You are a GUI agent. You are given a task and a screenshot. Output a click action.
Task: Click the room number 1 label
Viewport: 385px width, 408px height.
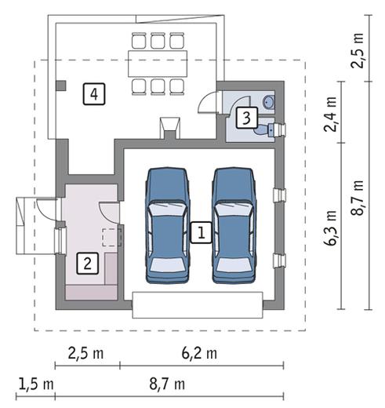click(x=201, y=232)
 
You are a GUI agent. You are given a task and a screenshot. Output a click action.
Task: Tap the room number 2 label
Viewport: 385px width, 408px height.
click(x=88, y=263)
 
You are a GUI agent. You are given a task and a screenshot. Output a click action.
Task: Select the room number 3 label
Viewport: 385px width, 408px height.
click(x=247, y=118)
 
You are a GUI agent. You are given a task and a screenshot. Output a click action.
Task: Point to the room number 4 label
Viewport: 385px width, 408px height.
click(x=94, y=94)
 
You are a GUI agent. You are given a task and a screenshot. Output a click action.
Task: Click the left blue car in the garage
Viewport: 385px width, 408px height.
click(x=168, y=225)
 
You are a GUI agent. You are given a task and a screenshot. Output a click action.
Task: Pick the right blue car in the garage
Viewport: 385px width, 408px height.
click(x=234, y=225)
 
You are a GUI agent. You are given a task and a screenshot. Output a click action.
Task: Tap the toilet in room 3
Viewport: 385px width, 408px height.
click(x=264, y=129)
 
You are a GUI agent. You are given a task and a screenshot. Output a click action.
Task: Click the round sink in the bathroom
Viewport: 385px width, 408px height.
click(x=269, y=102)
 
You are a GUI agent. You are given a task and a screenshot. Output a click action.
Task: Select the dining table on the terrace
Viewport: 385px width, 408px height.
click(x=158, y=64)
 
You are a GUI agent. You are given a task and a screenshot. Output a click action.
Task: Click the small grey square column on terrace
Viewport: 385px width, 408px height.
click(x=61, y=86)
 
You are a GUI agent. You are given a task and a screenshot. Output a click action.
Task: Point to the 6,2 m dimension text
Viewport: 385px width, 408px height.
click(x=199, y=354)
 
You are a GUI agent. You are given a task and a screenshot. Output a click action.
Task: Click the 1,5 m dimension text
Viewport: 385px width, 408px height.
click(x=36, y=384)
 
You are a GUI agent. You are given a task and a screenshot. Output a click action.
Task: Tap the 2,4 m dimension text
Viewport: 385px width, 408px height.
click(x=330, y=114)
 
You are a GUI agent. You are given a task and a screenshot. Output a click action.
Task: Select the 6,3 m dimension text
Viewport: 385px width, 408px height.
click(x=330, y=228)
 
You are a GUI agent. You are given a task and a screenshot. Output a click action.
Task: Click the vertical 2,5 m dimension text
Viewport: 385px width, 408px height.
click(x=358, y=50)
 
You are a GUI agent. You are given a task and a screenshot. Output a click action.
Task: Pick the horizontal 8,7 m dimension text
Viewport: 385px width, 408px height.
click(x=167, y=384)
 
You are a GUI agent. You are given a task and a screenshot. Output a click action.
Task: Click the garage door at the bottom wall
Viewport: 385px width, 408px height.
click(x=198, y=305)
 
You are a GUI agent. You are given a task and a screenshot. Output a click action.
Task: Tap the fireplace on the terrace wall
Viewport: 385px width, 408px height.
click(x=170, y=128)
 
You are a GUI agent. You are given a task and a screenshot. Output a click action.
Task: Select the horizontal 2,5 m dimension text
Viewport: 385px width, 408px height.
click(x=85, y=354)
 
